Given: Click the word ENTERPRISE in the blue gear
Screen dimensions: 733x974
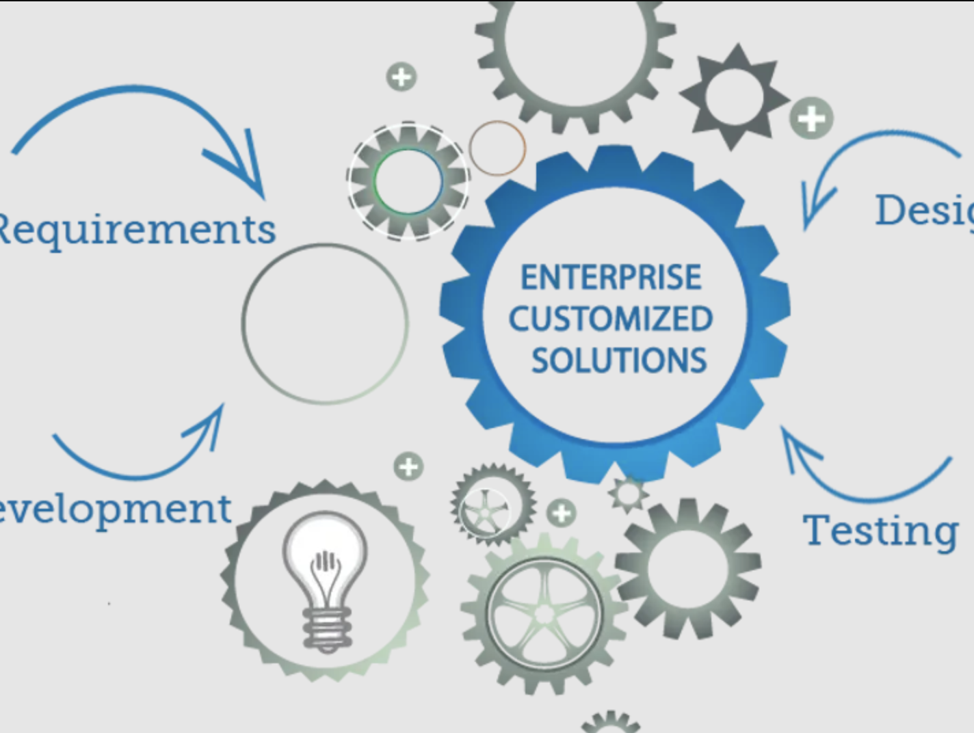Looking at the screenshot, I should [611, 277].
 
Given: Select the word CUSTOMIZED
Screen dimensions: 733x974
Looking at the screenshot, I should [611, 319].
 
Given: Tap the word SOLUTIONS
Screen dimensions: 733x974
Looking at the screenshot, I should [618, 360].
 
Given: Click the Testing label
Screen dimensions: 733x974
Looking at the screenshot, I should [880, 531].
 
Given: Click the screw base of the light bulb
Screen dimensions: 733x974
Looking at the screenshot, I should [327, 627].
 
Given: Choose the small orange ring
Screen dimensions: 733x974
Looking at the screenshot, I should [497, 148].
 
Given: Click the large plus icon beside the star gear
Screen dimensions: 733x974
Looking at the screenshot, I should [811, 119].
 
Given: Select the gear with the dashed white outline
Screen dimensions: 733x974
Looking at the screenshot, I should [408, 181].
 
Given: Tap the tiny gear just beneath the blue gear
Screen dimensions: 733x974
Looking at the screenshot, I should [627, 494].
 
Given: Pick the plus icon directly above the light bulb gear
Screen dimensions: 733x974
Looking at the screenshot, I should [408, 467].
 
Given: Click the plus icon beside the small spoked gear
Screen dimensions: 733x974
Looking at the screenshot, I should [561, 513].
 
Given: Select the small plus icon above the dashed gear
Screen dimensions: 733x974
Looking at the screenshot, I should [402, 77].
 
